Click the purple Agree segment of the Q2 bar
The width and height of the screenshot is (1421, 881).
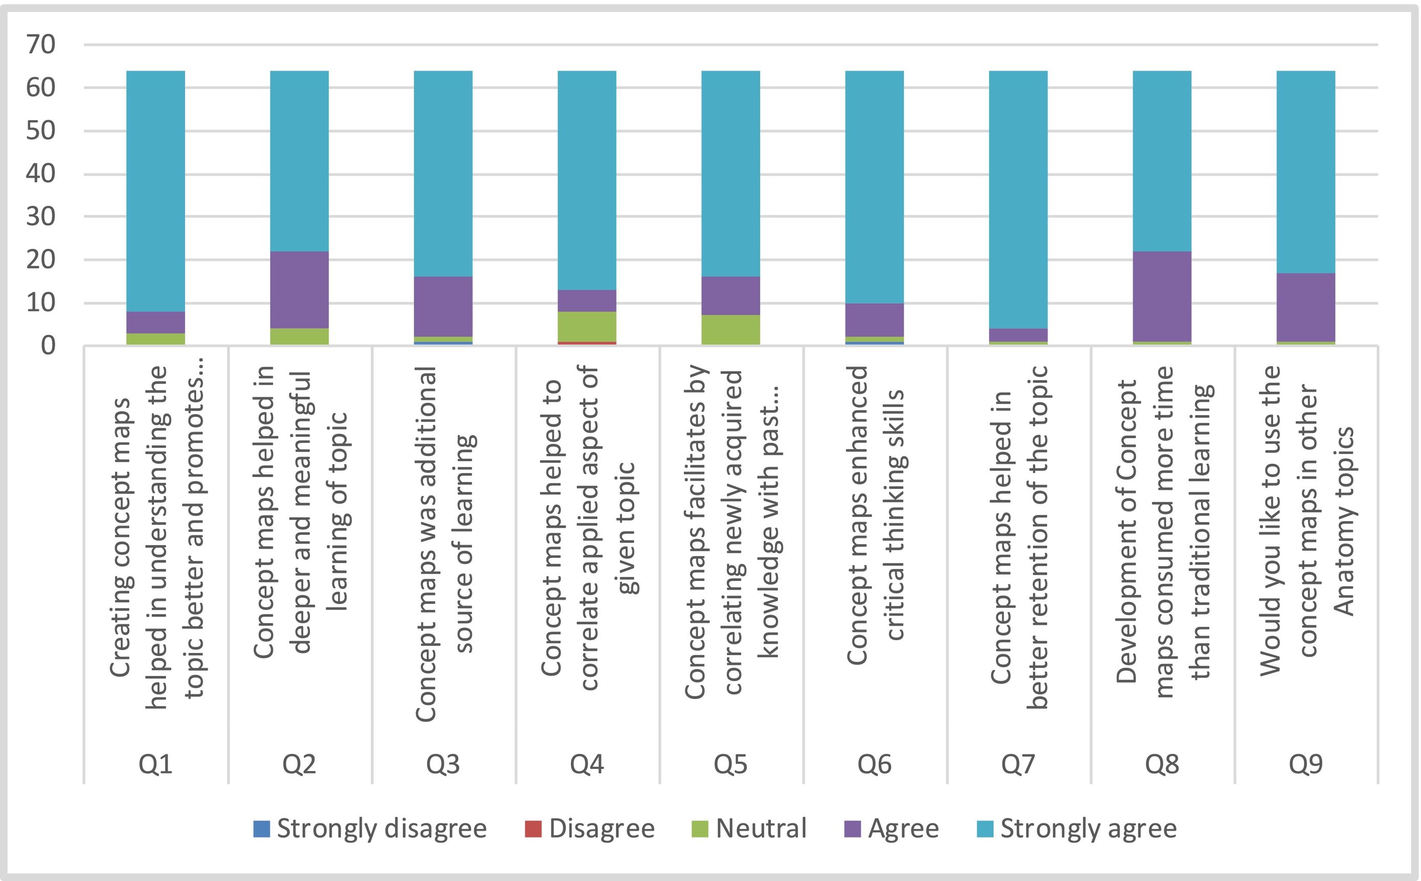299,289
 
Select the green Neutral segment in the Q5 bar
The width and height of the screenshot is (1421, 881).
730,330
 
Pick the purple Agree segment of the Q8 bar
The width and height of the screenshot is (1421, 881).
1162,296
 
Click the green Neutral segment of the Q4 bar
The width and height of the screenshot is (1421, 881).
587,326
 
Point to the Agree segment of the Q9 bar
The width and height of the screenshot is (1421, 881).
1305,307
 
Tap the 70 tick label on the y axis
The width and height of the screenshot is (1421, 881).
41,44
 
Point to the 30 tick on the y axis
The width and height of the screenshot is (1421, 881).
41,217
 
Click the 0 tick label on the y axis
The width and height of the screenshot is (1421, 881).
48,346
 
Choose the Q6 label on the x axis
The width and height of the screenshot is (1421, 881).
874,764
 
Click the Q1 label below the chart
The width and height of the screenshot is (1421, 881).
156,764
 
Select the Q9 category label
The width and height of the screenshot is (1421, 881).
1305,764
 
